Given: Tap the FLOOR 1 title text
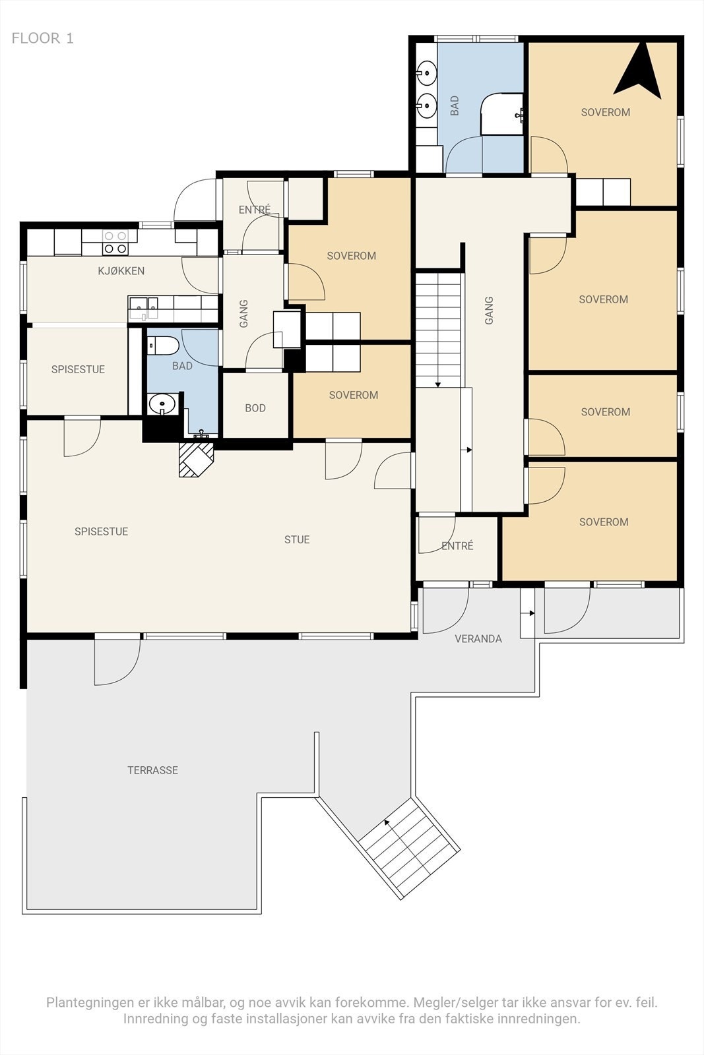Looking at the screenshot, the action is click(x=42, y=38).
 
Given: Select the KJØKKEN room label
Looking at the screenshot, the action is click(x=121, y=271).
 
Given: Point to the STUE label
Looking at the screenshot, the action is click(x=297, y=540).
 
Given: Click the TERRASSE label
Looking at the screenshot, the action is click(x=152, y=770).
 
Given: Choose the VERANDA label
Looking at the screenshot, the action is click(x=478, y=639).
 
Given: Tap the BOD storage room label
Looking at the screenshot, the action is click(x=255, y=408).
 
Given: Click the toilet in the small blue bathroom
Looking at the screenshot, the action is click(x=162, y=346).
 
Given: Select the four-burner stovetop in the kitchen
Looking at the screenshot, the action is click(x=115, y=242).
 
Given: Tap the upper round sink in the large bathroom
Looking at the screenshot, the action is click(x=427, y=73).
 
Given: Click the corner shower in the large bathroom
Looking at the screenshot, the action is click(x=502, y=114).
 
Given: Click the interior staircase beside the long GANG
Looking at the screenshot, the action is click(x=437, y=330).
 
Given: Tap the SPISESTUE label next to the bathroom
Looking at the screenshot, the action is click(x=79, y=369).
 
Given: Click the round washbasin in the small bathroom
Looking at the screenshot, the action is click(x=162, y=404).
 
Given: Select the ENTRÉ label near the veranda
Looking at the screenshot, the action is click(x=457, y=546).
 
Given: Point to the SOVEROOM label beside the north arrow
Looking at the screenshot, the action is click(x=606, y=112).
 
